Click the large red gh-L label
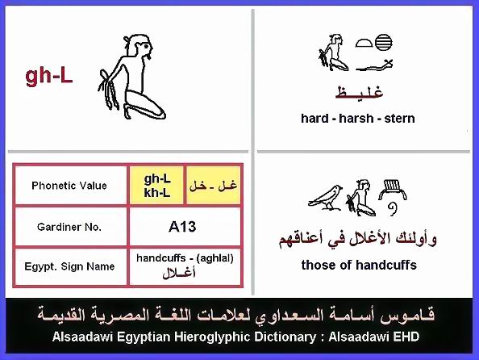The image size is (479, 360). tap(49, 77)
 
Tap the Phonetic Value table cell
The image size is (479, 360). tap(69, 186)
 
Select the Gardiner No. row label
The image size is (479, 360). tap(69, 227)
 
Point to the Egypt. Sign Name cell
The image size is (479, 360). tap(69, 266)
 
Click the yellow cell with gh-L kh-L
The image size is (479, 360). tap(156, 186)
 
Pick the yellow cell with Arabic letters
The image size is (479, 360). tap(213, 186)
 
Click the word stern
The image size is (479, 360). tap(399, 119)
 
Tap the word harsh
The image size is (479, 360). tap(356, 119)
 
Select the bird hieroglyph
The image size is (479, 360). tap(326, 198)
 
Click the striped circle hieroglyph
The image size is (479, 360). tap(383, 43)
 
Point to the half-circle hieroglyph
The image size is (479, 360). tap(364, 43)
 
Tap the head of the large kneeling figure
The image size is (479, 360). tap(140, 46)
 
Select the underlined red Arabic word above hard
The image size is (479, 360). tap(360, 92)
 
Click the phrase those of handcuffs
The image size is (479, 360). tap(359, 265)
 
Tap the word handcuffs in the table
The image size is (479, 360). tap(161, 258)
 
